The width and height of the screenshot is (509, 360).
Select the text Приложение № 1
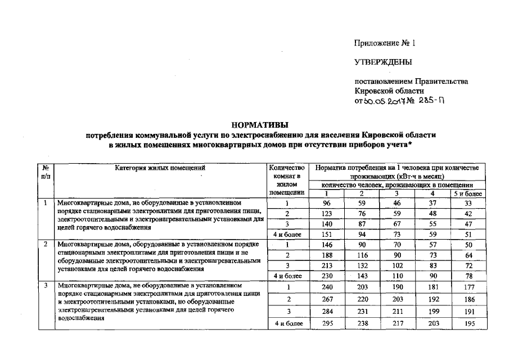tap(384, 43)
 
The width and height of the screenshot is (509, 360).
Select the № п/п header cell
tap(44, 172)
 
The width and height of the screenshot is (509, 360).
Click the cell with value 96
tap(326, 203)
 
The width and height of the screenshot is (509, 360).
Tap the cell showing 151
tap(326, 234)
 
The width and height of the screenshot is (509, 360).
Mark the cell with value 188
tap(326, 255)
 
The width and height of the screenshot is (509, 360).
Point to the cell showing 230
tap(326, 276)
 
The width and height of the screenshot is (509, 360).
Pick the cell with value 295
tap(326, 325)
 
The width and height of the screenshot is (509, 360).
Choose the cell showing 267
tap(326, 299)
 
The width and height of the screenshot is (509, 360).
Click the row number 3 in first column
tap(44, 286)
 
